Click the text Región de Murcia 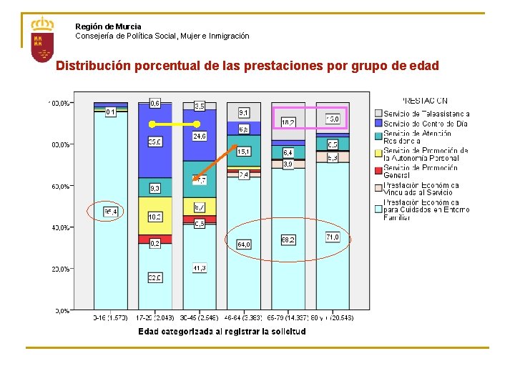point(108,26)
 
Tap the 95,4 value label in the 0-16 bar point(111,212)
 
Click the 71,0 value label point(332,237)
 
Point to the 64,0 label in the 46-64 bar point(243,244)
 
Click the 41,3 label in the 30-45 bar point(200,268)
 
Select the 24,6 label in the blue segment point(200,136)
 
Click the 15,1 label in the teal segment point(243,152)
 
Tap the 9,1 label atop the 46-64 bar point(243,112)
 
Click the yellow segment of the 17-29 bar point(155,217)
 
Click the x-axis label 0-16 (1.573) point(110,317)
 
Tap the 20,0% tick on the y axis point(59,269)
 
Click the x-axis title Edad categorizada point(222,332)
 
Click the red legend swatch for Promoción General point(378,169)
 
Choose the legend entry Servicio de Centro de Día point(426,124)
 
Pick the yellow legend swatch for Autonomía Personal point(378,152)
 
